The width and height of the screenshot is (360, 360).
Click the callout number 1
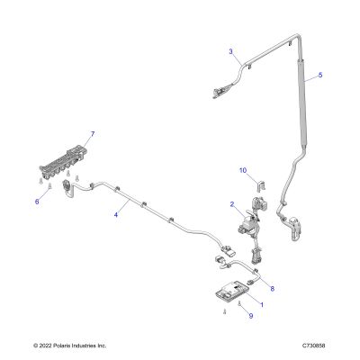(262, 305)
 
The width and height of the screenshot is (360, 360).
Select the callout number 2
(232, 204)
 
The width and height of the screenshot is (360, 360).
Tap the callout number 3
(230, 51)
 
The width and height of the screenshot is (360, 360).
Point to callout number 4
(116, 214)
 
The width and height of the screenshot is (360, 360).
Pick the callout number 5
(320, 75)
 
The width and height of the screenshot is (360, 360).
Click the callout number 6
(37, 202)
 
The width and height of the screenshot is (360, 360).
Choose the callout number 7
(93, 134)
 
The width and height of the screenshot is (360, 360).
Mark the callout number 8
(273, 289)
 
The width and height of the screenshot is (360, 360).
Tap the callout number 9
(251, 316)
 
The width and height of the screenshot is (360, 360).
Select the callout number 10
(243, 170)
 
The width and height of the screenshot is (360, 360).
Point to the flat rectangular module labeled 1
(232, 290)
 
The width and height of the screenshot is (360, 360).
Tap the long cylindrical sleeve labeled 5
(302, 103)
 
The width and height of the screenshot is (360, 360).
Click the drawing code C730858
(314, 346)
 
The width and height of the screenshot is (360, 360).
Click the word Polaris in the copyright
(62, 346)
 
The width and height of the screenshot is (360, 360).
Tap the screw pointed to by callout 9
(239, 303)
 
